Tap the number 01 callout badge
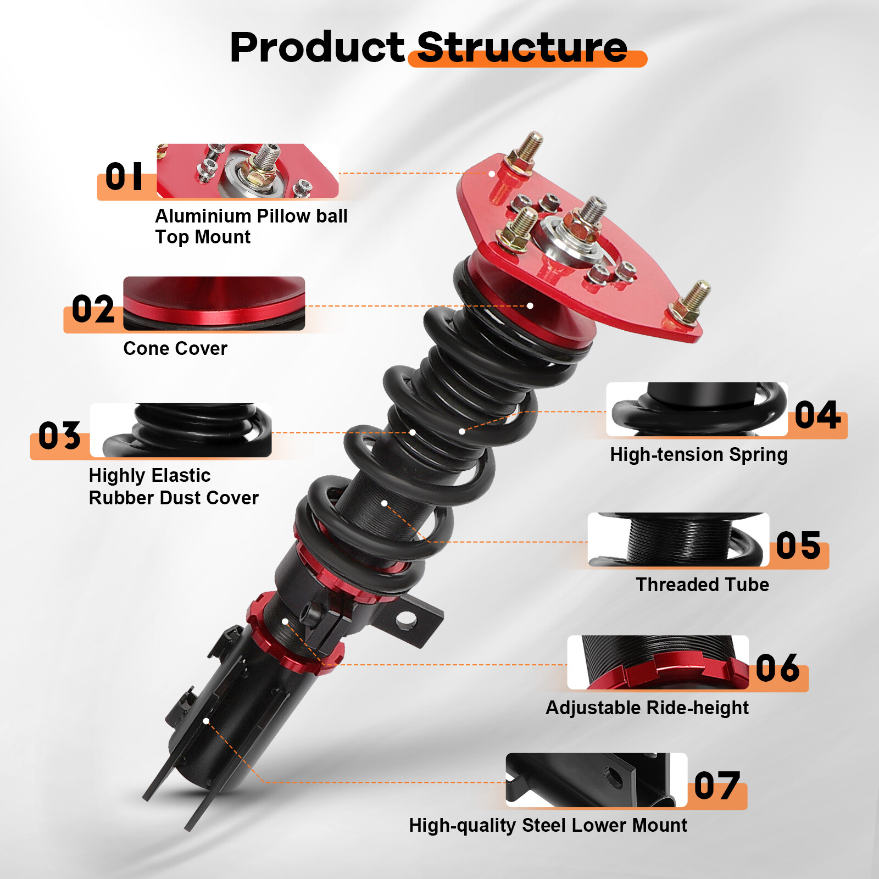tap(124, 177)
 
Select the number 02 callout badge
tap(93, 309)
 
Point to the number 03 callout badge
tap(59, 436)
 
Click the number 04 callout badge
tap(817, 415)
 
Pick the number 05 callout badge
tap(798, 546)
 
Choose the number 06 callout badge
tap(777, 669)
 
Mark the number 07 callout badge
tap(717, 786)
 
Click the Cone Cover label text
tap(175, 348)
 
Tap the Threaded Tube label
tap(702, 585)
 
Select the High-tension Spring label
tap(698, 455)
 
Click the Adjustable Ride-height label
tap(647, 708)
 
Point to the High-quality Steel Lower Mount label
tap(548, 825)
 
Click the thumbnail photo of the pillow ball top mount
tap(247, 171)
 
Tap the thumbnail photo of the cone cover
tap(214, 303)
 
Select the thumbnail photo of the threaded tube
tap(678, 539)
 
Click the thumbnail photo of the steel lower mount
tap(596, 780)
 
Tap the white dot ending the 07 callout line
tap(206, 721)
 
